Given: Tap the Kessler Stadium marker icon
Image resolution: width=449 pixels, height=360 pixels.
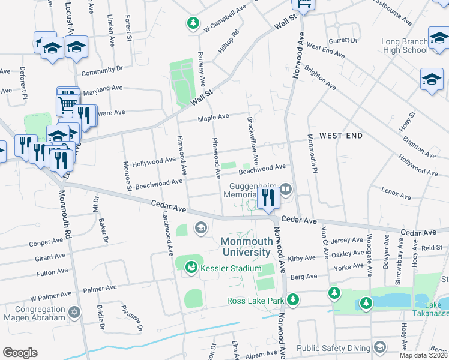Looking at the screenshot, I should (191, 266).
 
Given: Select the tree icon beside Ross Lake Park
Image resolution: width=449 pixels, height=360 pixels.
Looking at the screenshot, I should (293, 299).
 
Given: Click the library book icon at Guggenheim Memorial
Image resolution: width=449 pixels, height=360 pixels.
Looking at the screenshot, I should (286, 190).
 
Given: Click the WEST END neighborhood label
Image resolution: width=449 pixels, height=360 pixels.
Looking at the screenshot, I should (340, 136).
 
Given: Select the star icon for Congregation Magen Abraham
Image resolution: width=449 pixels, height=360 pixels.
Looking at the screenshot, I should (74, 312).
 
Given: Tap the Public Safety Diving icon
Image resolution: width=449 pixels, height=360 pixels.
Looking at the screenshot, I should (380, 347).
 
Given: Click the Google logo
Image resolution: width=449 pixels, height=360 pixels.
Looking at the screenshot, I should (20, 353).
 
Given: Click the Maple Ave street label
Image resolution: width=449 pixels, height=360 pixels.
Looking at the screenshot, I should (215, 116).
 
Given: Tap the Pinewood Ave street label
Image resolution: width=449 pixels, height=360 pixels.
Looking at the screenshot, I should (215, 158).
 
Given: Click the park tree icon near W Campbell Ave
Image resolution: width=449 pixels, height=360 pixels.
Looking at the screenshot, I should (193, 23).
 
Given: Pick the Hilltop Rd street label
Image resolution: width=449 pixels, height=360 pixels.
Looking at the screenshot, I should (229, 42).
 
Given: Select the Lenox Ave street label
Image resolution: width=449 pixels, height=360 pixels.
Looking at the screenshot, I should (396, 193).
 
